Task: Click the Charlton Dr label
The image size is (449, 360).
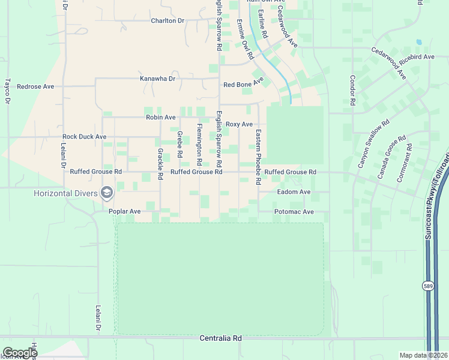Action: click(x=167, y=20)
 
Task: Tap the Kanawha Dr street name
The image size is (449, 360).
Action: click(x=157, y=79)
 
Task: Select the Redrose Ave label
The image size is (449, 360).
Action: click(x=35, y=86)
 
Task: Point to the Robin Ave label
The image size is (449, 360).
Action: click(x=160, y=118)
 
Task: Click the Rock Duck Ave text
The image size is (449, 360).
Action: click(x=84, y=137)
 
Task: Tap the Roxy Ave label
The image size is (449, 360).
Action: click(x=239, y=124)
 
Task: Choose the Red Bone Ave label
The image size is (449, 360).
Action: click(x=244, y=83)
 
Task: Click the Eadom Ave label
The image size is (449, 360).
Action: click(x=294, y=192)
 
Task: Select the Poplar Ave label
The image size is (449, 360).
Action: click(x=124, y=211)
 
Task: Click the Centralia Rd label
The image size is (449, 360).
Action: click(x=220, y=338)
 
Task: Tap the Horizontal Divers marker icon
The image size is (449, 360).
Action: click(x=107, y=193)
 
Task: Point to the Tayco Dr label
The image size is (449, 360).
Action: click(x=8, y=91)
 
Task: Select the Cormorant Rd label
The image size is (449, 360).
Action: click(x=404, y=163)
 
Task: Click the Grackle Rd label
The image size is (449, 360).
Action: click(x=160, y=164)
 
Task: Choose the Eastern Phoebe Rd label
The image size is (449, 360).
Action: click(x=258, y=157)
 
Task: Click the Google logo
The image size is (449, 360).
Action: click(x=19, y=353)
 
